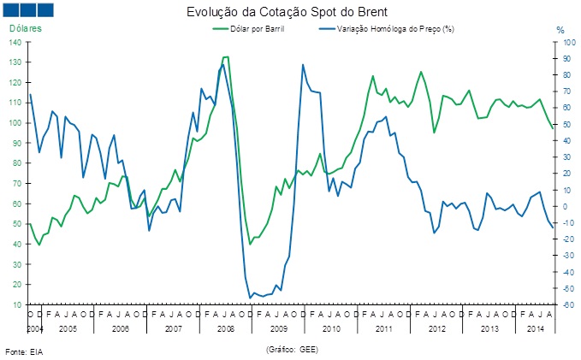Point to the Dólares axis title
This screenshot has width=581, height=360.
tap(26, 28)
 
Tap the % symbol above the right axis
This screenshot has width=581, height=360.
tap(560, 30)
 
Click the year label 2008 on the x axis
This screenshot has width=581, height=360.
tap(227, 328)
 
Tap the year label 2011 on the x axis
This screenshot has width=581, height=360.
tap(384, 328)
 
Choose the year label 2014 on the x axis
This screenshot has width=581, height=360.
tap(536, 328)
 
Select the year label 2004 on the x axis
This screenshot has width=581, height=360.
tap(34, 328)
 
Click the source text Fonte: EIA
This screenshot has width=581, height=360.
tap(24, 351)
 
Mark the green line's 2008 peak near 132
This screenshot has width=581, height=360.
tap(225, 57)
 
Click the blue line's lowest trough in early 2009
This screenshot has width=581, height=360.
tap(250, 298)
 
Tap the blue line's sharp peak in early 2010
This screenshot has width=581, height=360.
tap(303, 64)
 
